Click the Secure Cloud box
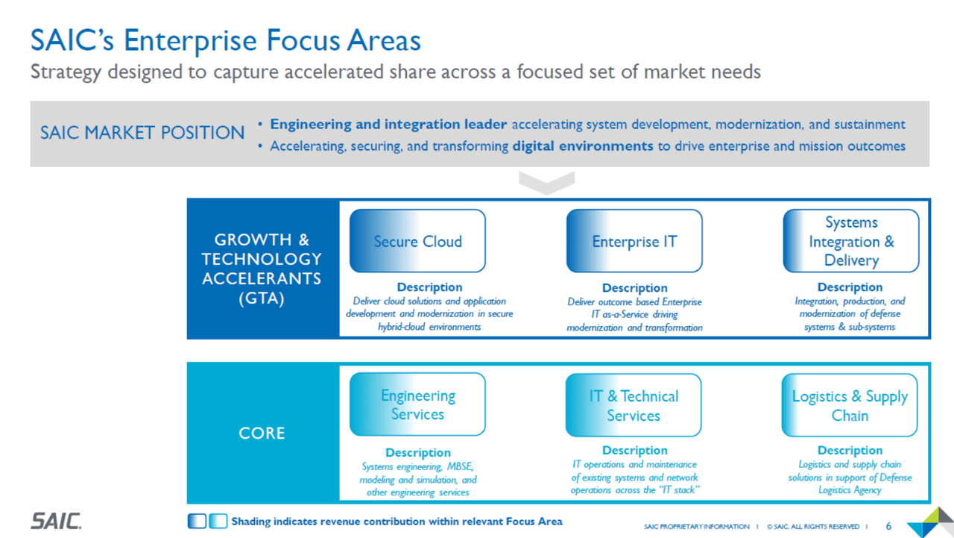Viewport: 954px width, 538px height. point(417,241)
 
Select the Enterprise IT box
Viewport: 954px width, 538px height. point(634,241)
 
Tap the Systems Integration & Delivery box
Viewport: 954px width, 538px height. point(851,241)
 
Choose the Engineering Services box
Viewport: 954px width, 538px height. point(417,404)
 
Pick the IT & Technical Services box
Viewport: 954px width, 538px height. point(634,405)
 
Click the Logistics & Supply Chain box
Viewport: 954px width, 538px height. point(850,405)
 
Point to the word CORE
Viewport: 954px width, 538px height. point(262,433)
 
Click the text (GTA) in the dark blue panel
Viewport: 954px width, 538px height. point(262,298)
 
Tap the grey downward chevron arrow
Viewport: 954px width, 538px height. point(547,183)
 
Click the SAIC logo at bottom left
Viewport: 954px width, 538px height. point(56,521)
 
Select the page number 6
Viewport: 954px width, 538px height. point(888,527)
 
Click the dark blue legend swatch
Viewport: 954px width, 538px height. point(197,521)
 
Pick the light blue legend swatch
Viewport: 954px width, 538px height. point(218,521)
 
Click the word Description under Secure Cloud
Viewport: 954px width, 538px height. point(429,287)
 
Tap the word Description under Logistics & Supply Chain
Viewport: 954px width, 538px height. point(850,450)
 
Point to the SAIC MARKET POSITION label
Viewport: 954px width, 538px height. point(142,133)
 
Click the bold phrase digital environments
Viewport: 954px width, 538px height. point(583,146)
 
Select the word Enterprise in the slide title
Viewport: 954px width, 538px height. point(190,40)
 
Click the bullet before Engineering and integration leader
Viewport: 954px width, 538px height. point(260,124)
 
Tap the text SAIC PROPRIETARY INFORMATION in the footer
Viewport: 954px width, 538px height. point(696,527)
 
